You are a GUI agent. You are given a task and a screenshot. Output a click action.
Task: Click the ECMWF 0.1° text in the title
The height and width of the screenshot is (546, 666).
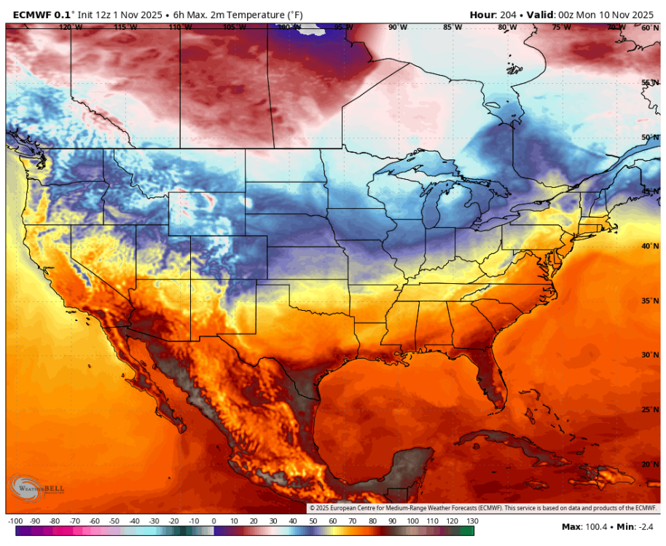41,15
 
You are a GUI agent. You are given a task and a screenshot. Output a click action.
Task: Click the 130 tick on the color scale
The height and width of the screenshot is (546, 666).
471,521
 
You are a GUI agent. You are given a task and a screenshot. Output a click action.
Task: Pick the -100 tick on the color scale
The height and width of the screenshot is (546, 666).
15,521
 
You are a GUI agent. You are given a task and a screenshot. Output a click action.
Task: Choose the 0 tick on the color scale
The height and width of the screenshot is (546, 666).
213,521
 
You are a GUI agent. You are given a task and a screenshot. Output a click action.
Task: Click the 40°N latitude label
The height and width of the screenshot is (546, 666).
650,246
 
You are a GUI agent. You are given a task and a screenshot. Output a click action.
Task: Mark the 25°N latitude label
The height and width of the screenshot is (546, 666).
650,409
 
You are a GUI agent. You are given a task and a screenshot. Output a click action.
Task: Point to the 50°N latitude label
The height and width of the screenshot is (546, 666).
650,137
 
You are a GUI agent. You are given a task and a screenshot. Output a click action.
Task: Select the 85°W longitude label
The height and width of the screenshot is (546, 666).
453,27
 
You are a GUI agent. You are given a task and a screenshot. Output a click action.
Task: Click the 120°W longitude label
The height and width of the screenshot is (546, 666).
71,27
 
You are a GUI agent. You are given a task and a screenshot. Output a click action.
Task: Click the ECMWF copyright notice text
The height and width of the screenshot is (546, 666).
483,508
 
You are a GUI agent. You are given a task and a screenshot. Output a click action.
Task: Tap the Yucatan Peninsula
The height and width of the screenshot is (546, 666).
404,466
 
